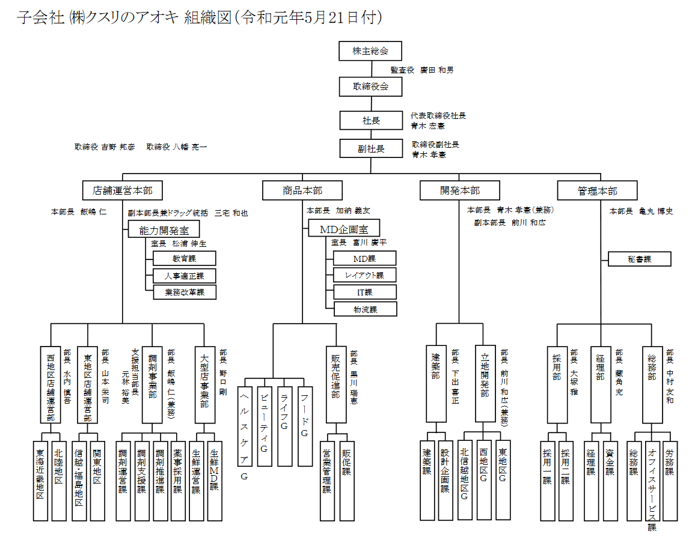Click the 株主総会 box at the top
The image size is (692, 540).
(x=370, y=51)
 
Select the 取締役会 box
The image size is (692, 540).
(x=370, y=86)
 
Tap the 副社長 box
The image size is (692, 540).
(x=370, y=148)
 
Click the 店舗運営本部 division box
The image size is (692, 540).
(x=123, y=191)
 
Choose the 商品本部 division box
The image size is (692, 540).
(x=302, y=191)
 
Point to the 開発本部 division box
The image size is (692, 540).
(x=459, y=191)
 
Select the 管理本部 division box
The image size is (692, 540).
(x=597, y=191)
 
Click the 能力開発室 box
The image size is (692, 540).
(x=163, y=229)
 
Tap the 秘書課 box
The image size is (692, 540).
(x=639, y=259)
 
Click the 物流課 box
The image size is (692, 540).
(x=365, y=309)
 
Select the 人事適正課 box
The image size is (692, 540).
(x=184, y=276)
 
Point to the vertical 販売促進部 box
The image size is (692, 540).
(x=335, y=384)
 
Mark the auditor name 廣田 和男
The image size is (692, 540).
(x=437, y=70)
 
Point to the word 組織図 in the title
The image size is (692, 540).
(x=207, y=18)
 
